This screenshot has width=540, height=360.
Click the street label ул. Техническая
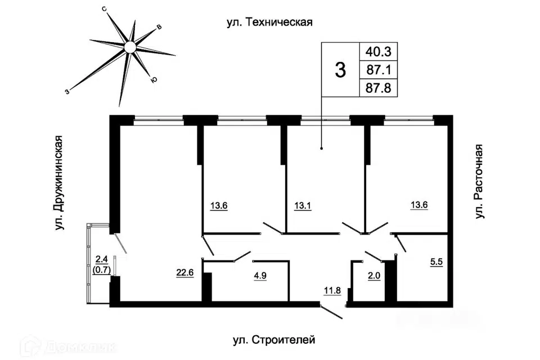pos(269,22)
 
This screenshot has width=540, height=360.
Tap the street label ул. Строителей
pos(274,340)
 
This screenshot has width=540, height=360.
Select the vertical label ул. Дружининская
pos(59,183)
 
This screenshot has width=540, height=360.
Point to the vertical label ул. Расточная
pos(479,181)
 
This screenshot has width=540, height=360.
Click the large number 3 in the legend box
pos(340,70)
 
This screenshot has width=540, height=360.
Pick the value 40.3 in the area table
pos(379,52)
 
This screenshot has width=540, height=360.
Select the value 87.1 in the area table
pos(379,70)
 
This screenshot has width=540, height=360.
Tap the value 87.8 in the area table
pos(379,88)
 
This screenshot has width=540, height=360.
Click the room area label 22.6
pos(185,272)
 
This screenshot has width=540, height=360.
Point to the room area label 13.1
pos(303,206)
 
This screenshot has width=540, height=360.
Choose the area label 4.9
pos(260,276)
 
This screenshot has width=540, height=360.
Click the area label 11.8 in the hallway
pos(332,290)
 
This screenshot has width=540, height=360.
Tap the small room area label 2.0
pos(374,276)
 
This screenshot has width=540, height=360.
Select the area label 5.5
pos(436,262)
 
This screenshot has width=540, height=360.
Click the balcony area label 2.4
pos(102,259)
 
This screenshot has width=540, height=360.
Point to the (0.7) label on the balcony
pos(102,270)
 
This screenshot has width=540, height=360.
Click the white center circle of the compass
pos(130,47)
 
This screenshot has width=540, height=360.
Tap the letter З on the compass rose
pos(67,92)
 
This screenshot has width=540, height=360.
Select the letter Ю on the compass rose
pos(154,80)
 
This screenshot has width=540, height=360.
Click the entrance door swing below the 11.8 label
pos(331,312)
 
